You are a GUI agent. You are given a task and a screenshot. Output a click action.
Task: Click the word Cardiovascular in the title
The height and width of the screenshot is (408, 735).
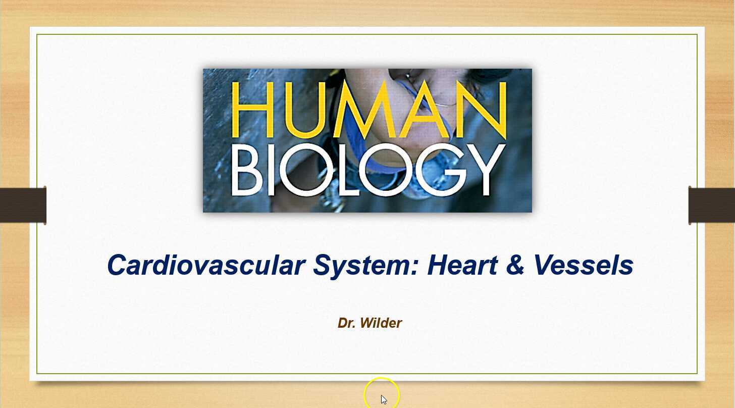[x=206, y=265]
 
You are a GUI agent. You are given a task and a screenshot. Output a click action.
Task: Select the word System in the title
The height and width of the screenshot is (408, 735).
[x=366, y=265]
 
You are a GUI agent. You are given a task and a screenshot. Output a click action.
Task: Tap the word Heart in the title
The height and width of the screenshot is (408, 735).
[x=462, y=265]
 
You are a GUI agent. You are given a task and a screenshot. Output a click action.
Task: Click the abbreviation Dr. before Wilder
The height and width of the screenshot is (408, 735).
[x=346, y=323]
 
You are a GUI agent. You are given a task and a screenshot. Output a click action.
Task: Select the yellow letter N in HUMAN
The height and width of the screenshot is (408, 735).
[x=482, y=110]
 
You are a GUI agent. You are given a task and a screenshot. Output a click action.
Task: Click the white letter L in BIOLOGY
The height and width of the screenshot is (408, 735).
[x=342, y=170]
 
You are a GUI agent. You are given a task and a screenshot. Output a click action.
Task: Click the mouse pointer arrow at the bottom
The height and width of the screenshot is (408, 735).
[x=384, y=399]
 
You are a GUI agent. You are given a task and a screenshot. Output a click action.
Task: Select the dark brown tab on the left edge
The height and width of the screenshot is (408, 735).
[x=23, y=206]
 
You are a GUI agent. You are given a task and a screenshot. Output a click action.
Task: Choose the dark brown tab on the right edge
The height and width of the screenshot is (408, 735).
[x=712, y=206]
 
